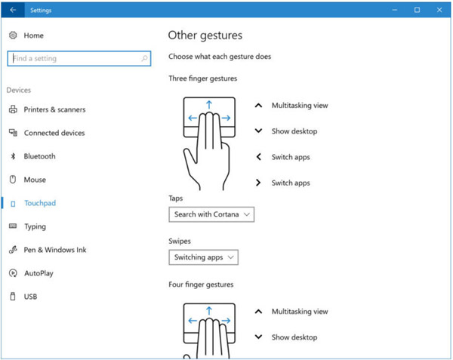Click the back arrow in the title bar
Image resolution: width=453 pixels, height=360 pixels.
tap(13, 10)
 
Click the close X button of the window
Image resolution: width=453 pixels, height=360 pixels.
tap(439, 10)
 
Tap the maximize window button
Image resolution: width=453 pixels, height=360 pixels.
tap(417, 10)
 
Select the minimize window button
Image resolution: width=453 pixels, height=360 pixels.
tap(395, 10)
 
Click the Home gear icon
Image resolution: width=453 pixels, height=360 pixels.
tap(13, 35)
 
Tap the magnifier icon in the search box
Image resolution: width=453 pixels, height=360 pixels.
tap(144, 59)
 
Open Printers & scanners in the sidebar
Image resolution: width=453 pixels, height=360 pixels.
tap(54, 109)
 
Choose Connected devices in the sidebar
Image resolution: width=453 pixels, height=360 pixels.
tap(54, 133)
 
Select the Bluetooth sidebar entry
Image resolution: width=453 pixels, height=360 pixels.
tap(39, 156)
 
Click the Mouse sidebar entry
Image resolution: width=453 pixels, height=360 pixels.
tap(35, 180)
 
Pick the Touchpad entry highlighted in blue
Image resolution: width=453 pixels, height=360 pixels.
tap(40, 203)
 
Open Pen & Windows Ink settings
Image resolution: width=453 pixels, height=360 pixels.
tap(55, 250)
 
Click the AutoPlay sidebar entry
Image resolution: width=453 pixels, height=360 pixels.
tap(39, 273)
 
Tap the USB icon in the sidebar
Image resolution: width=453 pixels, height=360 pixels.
tap(13, 297)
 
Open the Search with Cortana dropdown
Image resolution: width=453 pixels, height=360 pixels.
tap(211, 214)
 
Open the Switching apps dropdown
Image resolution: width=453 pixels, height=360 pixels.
tap(203, 257)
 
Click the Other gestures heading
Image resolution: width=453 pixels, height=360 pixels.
tap(205, 35)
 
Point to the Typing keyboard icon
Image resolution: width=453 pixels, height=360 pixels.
tap(13, 226)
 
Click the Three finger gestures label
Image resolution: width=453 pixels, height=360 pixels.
tap(203, 78)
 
